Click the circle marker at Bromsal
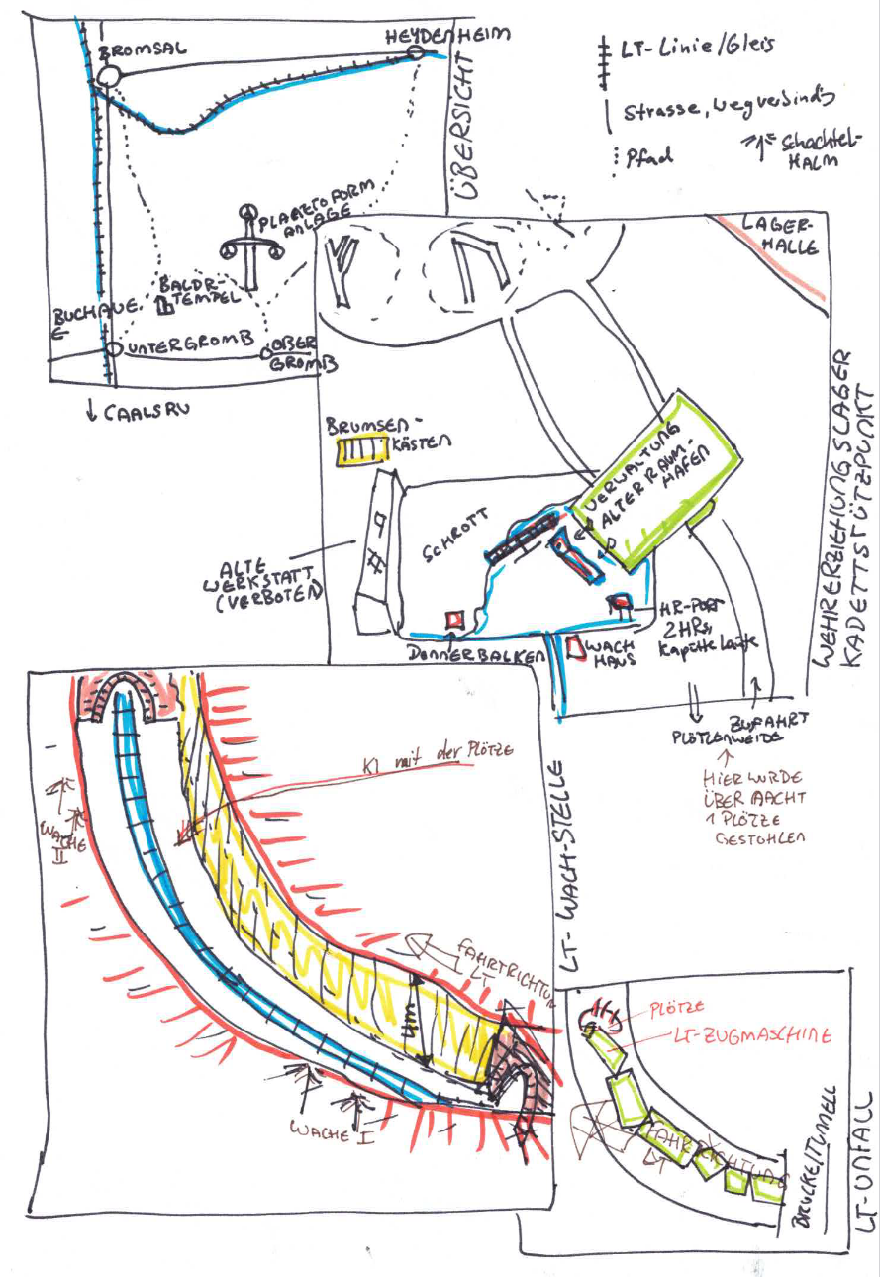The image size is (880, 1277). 107,76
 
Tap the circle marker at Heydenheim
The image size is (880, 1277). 416,52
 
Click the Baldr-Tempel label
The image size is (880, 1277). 198,292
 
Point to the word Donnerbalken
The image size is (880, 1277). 465,656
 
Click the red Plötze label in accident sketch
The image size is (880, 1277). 678,1007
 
